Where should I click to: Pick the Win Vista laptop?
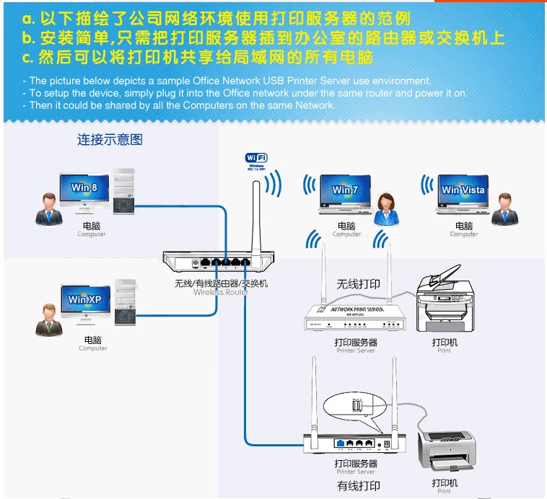[463, 193]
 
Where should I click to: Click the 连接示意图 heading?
[110, 140]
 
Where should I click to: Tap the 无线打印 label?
[358, 284]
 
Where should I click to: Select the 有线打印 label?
[359, 485]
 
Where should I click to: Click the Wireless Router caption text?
[221, 292]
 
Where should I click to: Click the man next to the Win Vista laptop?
[505, 210]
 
